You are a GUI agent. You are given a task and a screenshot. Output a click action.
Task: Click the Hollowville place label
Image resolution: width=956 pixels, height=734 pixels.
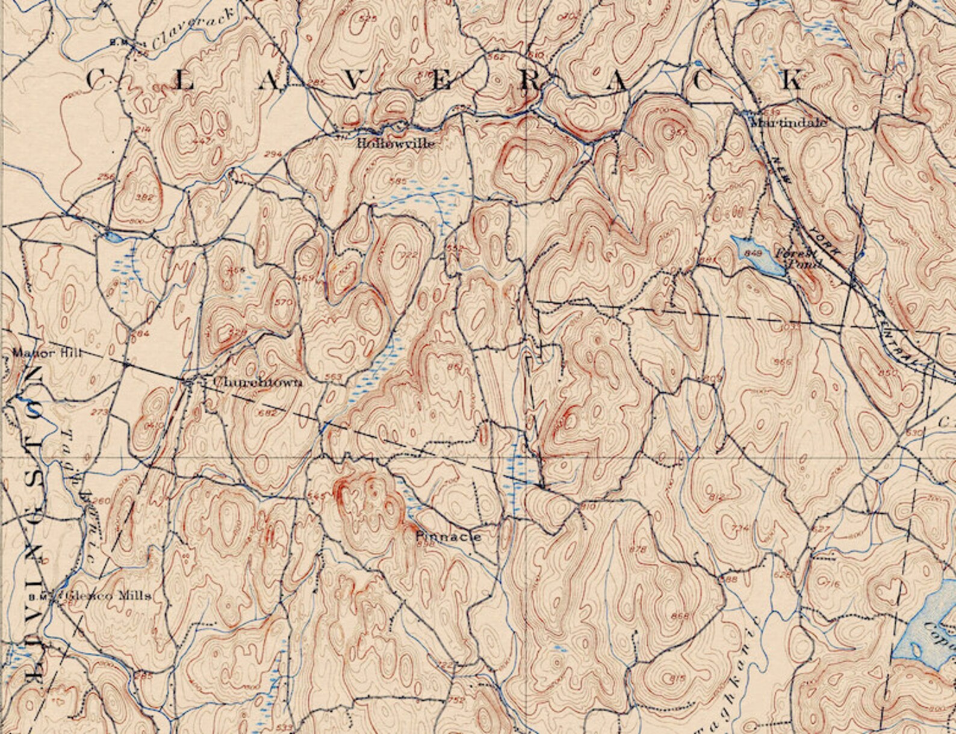395,144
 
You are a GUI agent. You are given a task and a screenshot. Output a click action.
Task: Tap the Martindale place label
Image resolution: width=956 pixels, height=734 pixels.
789,123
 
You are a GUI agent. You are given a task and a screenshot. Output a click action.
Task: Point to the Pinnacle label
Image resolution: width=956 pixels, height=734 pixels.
449,537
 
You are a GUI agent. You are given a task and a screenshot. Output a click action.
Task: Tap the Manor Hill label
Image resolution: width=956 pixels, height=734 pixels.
36,354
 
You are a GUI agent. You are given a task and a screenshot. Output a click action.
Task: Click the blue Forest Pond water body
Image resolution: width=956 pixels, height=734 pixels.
760,256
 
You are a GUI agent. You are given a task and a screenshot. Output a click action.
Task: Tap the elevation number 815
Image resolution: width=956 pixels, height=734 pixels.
677,679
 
